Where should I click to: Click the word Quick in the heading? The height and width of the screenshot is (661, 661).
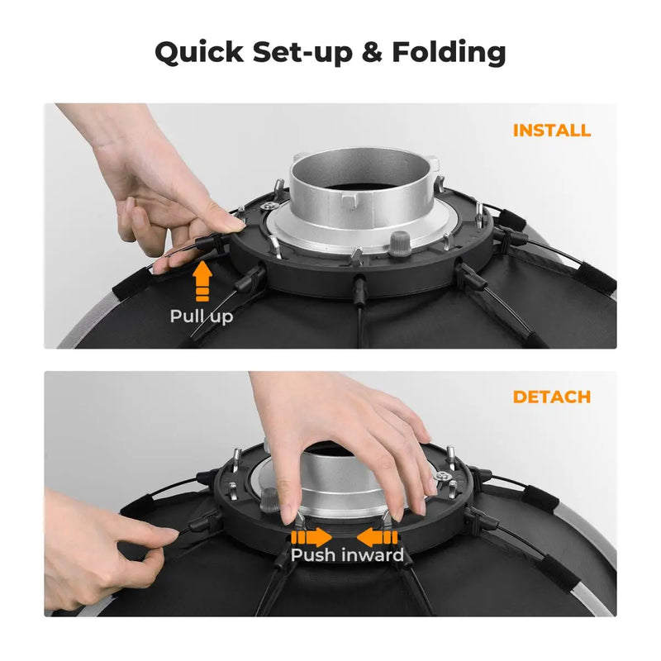point(199,53)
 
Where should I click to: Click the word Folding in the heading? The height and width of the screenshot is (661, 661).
point(449,53)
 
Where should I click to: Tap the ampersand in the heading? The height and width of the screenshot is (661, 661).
point(372,52)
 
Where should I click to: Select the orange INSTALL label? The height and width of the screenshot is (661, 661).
point(551,131)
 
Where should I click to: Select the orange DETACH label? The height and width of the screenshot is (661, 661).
point(551,397)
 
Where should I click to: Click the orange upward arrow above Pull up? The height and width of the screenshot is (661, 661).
point(202,281)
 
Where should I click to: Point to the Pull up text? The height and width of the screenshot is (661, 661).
point(201,316)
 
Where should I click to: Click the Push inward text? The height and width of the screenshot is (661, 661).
point(347,555)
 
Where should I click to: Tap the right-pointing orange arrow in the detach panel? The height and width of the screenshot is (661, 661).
point(311,538)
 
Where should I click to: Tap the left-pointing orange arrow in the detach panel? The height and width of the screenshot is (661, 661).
point(377,538)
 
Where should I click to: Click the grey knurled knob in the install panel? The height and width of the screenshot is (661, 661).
point(398,244)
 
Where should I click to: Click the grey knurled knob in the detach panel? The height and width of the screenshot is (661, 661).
point(270,501)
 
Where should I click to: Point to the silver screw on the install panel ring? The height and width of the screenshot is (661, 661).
point(267,206)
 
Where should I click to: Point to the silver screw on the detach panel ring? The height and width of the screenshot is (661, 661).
point(442,476)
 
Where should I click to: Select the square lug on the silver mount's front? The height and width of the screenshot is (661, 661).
point(350,202)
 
